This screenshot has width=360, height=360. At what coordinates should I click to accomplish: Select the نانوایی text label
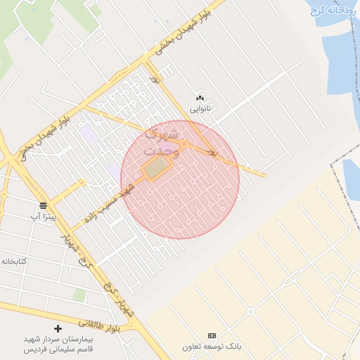tap(200, 109)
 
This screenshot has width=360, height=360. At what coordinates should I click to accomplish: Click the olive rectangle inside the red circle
tap(158, 167)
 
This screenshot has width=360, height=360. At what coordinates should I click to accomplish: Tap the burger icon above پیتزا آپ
tap(44, 205)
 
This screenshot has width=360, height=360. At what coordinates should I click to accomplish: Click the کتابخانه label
tap(13, 261)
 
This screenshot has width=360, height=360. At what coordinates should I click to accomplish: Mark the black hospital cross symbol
tap(58, 328)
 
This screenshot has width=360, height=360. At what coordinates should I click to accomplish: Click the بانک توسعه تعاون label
tap(212, 347)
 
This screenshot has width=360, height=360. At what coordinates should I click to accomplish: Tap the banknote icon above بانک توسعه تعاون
tap(212, 335)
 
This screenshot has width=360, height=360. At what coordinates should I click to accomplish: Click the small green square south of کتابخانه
tap(79, 295)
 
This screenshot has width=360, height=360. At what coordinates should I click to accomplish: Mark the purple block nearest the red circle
tap(113, 171)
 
